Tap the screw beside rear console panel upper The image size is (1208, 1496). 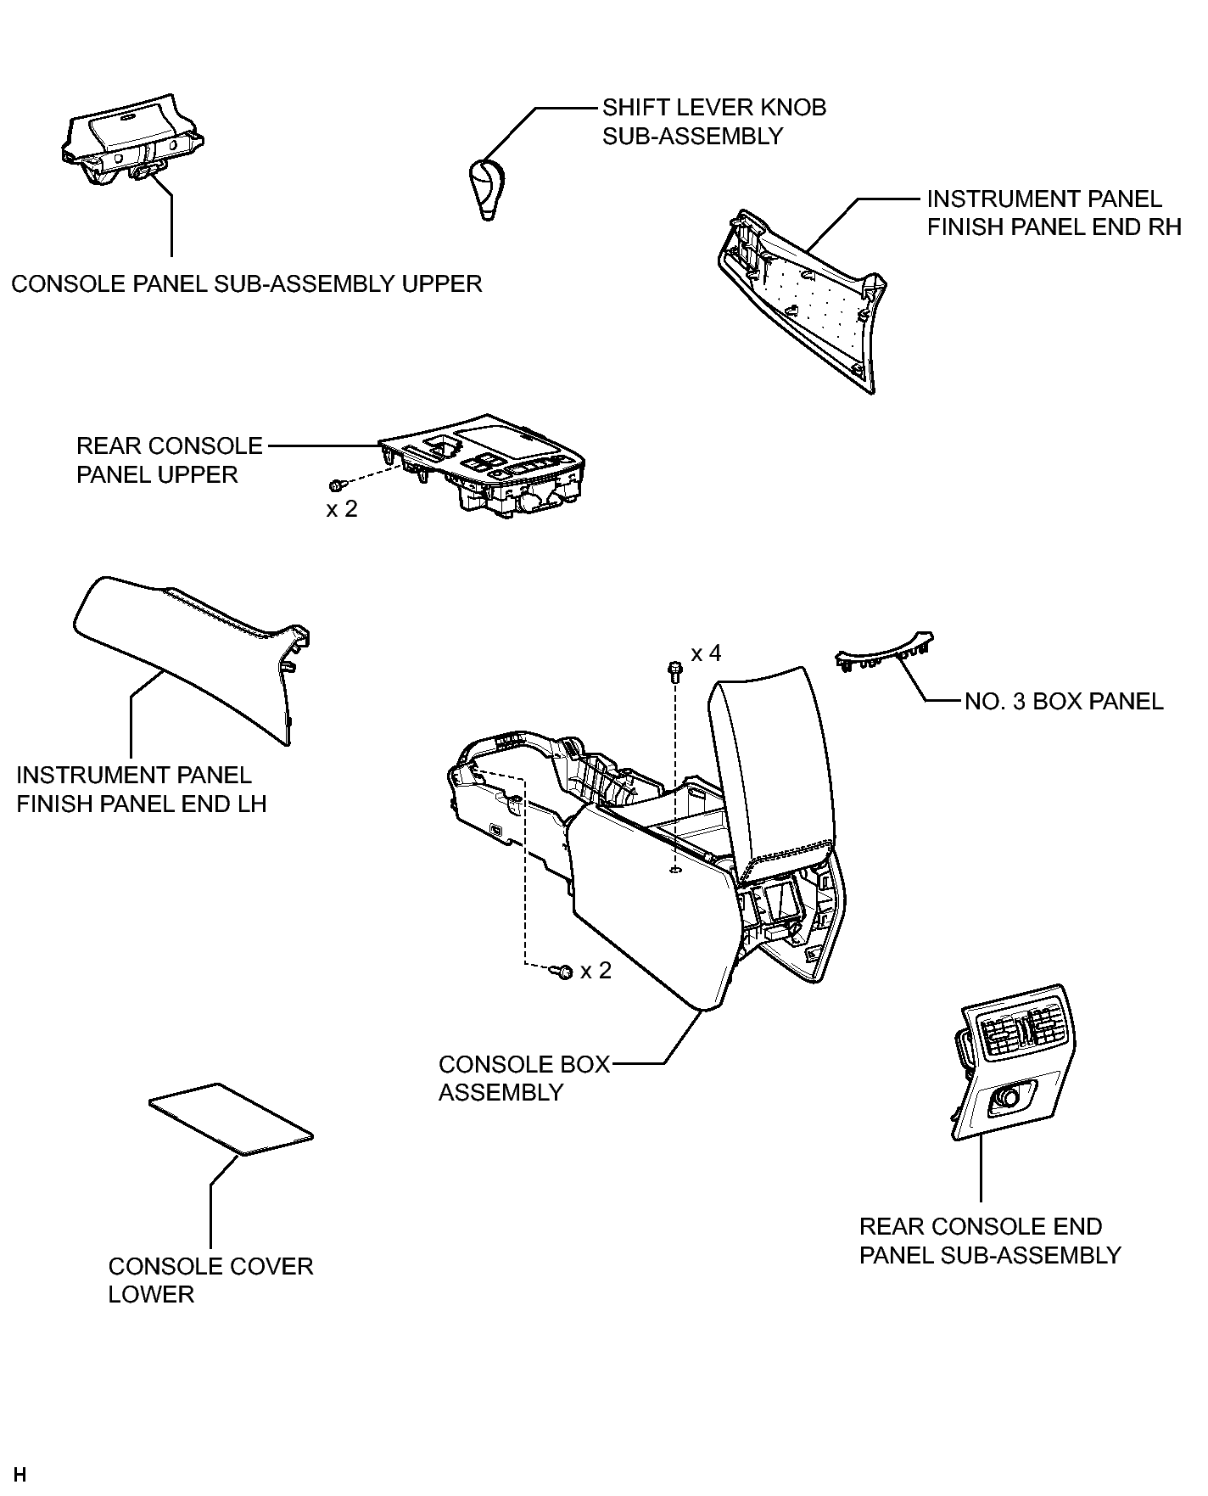(336, 485)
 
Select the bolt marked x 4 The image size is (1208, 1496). (675, 672)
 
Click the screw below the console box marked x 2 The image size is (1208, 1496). (562, 971)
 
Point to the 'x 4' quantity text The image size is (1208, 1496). (706, 653)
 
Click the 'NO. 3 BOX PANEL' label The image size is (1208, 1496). (1064, 702)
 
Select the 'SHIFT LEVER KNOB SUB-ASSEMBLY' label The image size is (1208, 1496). (713, 121)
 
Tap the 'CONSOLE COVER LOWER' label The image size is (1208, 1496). (210, 1280)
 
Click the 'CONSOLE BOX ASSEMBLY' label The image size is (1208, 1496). (523, 1078)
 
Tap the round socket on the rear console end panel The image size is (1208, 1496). (1009, 1097)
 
